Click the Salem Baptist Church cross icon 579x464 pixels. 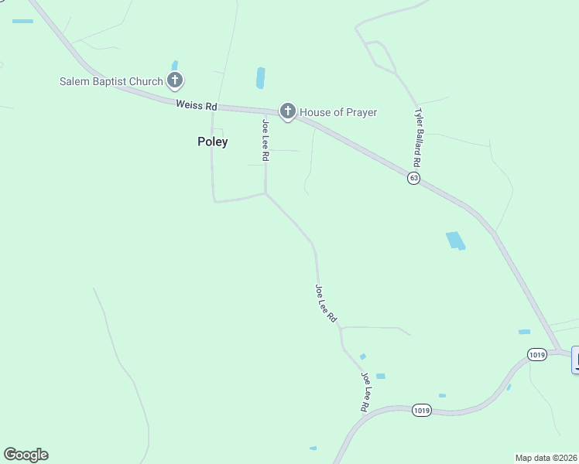(176, 80)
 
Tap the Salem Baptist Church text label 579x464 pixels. (111, 81)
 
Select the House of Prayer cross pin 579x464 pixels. (288, 111)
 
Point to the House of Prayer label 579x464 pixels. (338, 112)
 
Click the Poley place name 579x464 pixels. (212, 142)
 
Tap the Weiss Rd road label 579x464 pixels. (197, 104)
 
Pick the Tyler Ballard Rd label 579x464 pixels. (417, 138)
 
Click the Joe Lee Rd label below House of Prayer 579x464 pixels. (265, 139)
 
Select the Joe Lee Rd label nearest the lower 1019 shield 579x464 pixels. (365, 391)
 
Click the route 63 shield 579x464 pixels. (414, 178)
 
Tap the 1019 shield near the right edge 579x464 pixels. (537, 354)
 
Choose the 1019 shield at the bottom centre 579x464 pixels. (421, 410)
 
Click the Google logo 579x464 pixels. (26, 455)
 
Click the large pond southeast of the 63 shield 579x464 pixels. (456, 240)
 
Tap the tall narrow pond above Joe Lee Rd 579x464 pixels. (260, 78)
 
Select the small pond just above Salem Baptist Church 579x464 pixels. (174, 65)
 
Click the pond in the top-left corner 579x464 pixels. (22, 21)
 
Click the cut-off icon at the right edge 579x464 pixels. (575, 360)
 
